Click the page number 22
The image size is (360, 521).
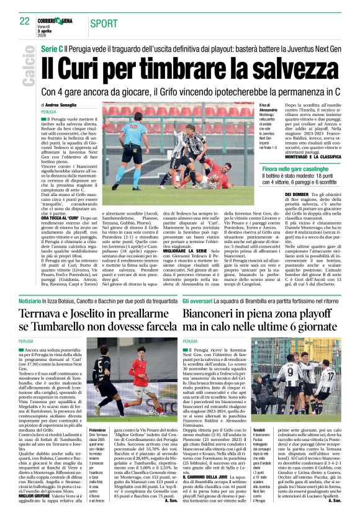(x=24, y=20)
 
